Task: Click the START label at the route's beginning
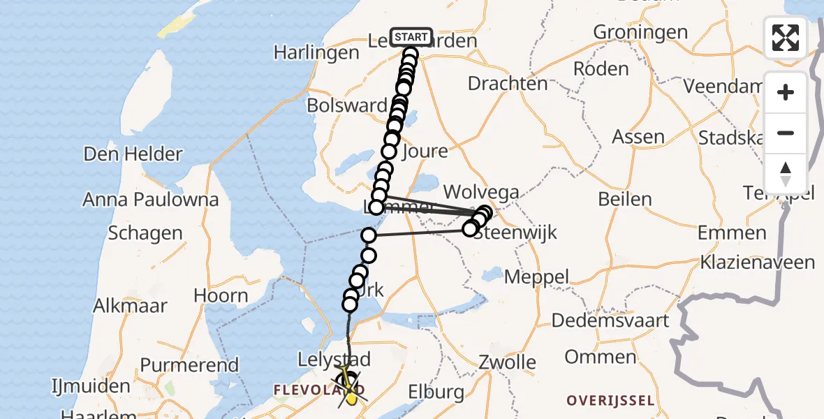(411, 37)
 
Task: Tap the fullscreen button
(786, 38)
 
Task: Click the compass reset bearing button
(786, 174)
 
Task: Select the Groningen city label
(640, 32)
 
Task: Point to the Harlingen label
(316, 52)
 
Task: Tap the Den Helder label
(133, 154)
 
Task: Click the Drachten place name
(508, 83)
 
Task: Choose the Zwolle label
(508, 362)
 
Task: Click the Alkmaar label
(131, 305)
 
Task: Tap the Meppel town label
(536, 277)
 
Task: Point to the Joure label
(425, 151)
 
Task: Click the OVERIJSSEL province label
(611, 401)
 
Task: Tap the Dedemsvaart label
(610, 321)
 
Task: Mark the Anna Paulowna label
(150, 200)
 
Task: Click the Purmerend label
(189, 365)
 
